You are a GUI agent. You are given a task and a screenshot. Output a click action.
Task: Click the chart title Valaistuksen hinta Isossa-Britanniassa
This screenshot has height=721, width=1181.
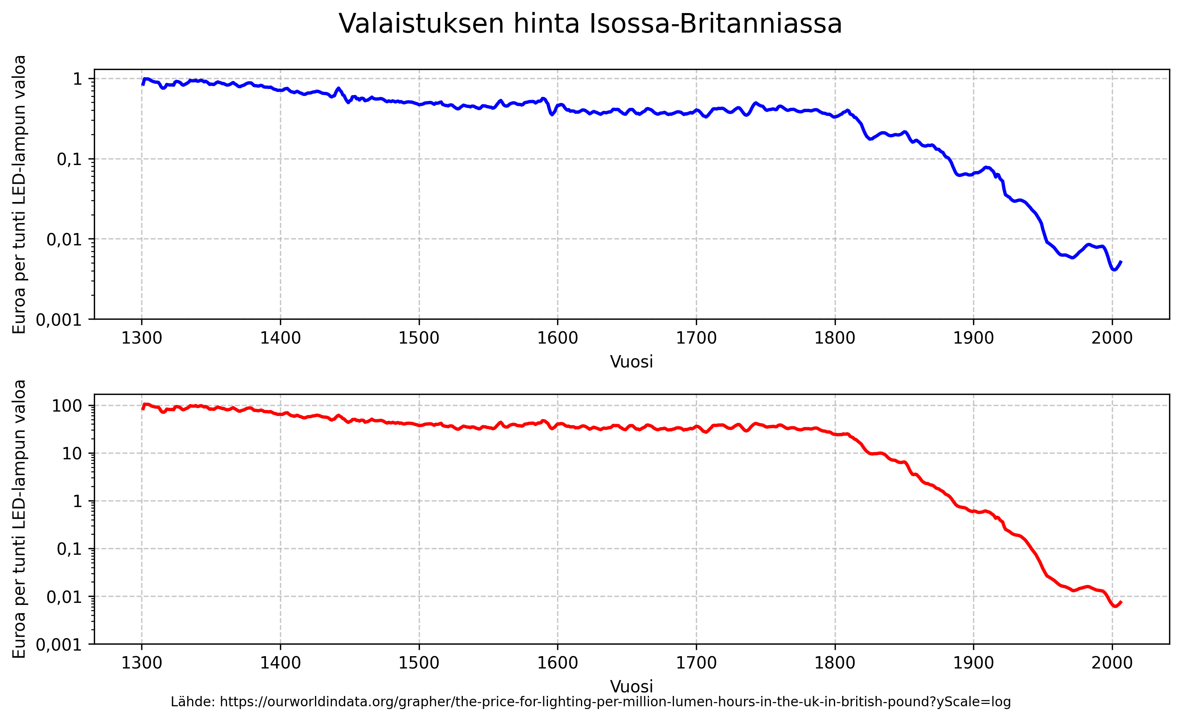click(x=590, y=24)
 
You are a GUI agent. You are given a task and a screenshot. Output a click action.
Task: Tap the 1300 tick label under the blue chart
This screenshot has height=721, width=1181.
click(x=142, y=338)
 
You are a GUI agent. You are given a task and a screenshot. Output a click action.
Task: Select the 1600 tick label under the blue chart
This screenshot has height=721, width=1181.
click(x=557, y=338)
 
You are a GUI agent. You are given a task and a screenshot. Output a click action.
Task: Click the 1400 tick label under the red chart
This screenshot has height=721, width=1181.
click(x=280, y=663)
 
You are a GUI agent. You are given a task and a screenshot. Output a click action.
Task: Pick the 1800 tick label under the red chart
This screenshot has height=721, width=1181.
click(x=835, y=663)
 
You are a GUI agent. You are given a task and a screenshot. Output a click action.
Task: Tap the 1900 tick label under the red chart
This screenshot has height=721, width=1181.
click(x=973, y=663)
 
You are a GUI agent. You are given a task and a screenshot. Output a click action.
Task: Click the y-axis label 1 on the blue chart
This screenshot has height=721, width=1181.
click(x=77, y=79)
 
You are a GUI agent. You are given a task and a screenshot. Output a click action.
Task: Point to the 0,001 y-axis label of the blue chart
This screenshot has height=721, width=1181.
click(x=59, y=320)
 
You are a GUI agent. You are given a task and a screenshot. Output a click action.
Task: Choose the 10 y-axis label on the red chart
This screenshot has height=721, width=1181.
click(x=72, y=453)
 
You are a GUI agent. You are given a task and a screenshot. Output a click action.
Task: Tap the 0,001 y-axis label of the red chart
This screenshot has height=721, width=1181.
click(x=59, y=645)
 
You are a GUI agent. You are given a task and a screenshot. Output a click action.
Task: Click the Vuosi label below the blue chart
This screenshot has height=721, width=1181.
click(x=631, y=362)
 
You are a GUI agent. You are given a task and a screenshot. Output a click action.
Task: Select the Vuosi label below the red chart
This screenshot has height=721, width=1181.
click(x=631, y=686)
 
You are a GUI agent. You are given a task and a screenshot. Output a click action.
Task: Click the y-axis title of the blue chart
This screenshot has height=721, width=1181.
click(x=19, y=194)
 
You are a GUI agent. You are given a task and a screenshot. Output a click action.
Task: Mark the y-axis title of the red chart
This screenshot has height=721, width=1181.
click(x=19, y=519)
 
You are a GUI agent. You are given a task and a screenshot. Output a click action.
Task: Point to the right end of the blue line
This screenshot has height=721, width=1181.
click(x=1121, y=262)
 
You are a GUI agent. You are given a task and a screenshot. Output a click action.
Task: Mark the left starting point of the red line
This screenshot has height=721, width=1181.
click(x=143, y=409)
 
